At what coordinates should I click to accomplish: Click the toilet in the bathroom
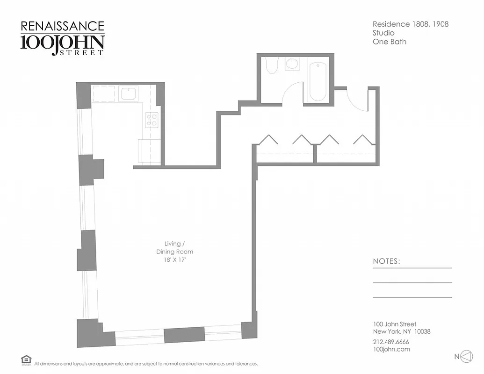(271, 65)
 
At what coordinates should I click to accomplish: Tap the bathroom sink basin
(293, 64)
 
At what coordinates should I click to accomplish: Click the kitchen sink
(128, 93)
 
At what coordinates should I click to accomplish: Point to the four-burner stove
(152, 120)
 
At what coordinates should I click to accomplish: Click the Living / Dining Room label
(175, 247)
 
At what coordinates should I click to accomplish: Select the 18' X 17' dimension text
(175, 260)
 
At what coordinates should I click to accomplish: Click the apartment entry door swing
(357, 100)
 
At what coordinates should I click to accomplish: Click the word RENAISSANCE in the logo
(62, 26)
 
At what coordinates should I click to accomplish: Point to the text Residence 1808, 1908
(410, 24)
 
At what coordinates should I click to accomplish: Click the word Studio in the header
(383, 33)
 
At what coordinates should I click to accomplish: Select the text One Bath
(389, 42)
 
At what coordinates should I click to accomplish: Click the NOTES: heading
(386, 261)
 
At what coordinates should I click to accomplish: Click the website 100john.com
(391, 349)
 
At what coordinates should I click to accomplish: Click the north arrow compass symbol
(466, 357)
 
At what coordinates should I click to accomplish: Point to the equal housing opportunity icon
(26, 360)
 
